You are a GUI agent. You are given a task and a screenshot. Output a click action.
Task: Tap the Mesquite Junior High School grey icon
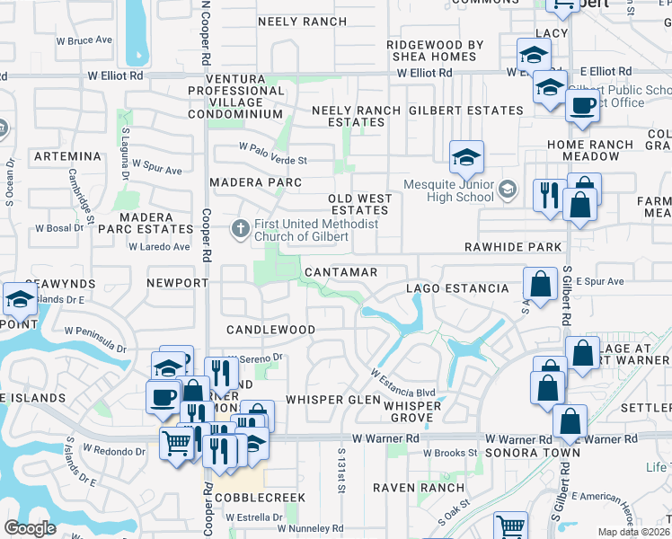[508, 189]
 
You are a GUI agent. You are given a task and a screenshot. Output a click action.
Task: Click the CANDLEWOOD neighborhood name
[270, 330]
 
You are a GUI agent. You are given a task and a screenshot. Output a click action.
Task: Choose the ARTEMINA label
[67, 156]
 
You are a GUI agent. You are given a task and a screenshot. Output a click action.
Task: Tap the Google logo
[30, 528]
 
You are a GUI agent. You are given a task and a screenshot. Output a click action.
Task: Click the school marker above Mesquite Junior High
[466, 158]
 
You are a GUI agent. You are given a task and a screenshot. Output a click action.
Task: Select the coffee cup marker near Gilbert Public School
[582, 105]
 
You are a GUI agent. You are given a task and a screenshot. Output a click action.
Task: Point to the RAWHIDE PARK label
[513, 247]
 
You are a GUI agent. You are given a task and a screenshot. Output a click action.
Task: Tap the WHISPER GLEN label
[321, 399]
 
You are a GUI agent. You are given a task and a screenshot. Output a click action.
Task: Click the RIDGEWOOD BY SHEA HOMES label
[435, 50]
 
